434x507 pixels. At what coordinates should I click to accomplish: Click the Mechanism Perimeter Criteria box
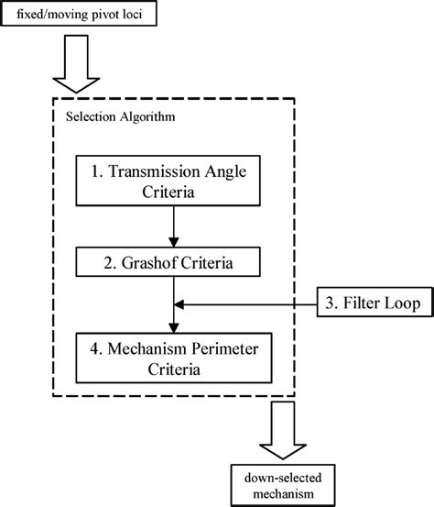174,358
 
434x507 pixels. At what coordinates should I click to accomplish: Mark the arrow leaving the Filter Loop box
247,303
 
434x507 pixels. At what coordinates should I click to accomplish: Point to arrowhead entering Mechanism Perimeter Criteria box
174,328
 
